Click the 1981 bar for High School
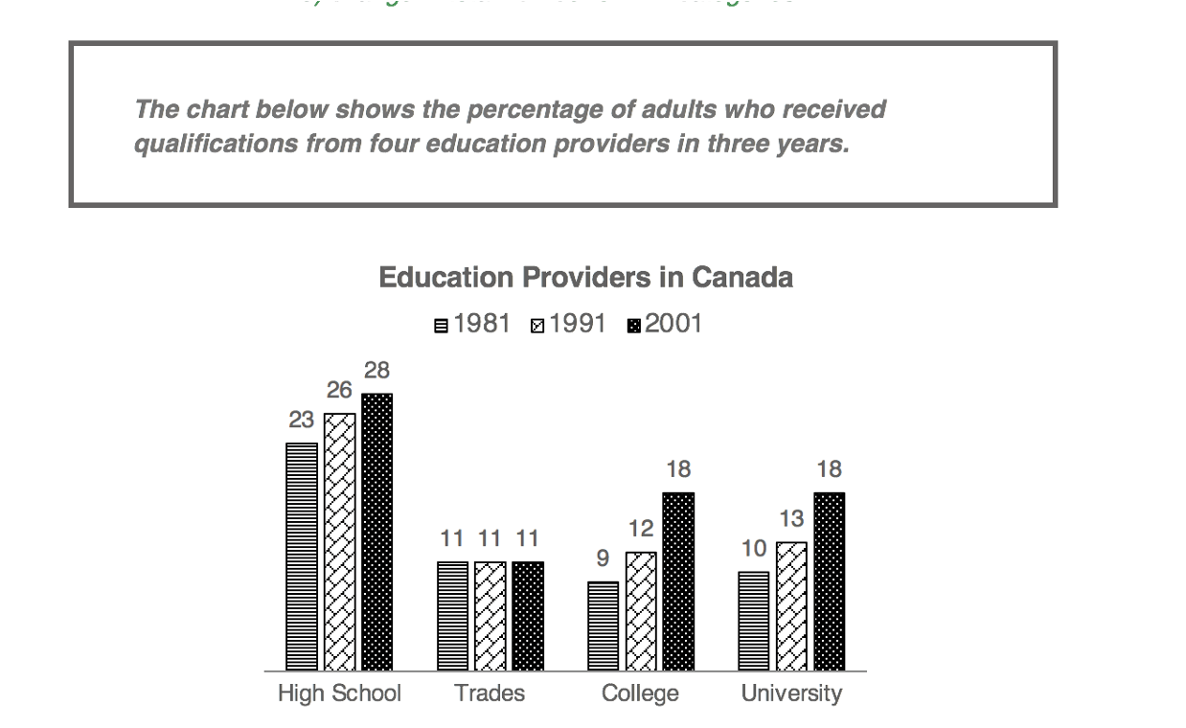pos(302,557)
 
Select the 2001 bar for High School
pos(376,532)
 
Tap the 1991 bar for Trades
pos(490,616)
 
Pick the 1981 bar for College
pos(603,626)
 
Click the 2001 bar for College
pos(678,581)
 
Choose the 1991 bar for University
pos(791,606)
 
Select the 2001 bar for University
pos(830,581)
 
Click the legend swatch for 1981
pos(441,326)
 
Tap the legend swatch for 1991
pos(536,326)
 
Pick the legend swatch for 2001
pos(632,326)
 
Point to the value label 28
pos(376,371)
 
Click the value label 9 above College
pos(603,558)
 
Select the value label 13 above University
pos(791,519)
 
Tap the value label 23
pos(302,420)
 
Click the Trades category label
pos(490,694)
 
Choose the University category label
pos(791,694)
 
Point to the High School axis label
pos(339,694)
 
